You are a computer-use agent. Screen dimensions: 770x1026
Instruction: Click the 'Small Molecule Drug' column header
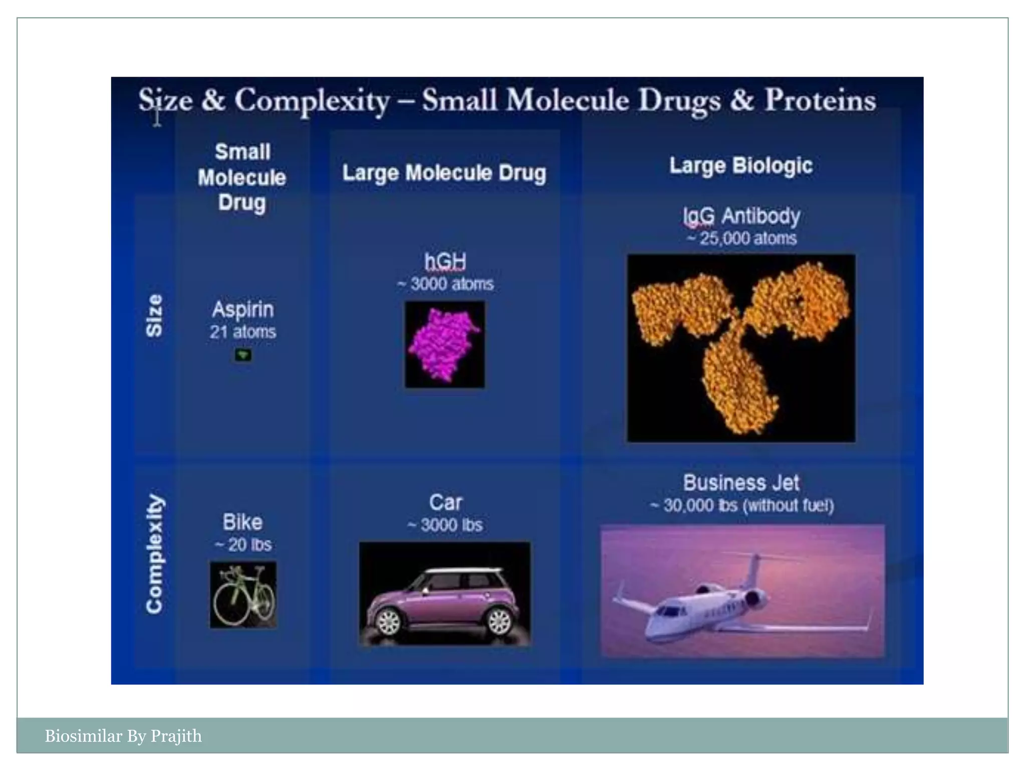(242, 177)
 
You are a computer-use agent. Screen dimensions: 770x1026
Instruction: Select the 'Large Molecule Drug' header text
(444, 173)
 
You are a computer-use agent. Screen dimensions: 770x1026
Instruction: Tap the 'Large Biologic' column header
(741, 165)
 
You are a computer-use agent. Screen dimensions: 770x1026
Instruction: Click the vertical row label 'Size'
(154, 315)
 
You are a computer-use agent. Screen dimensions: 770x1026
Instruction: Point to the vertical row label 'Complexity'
(154, 554)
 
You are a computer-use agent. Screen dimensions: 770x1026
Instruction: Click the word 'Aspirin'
(243, 309)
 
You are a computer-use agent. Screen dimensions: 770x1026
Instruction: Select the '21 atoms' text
(243, 332)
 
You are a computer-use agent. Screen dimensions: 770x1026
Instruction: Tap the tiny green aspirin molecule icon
(243, 355)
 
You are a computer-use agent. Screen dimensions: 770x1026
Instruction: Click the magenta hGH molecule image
(445, 344)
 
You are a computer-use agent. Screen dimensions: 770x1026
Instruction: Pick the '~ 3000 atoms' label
(445, 284)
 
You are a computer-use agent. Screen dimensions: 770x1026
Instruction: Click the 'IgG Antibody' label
(741, 216)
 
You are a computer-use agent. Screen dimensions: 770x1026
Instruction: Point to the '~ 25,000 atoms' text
(741, 238)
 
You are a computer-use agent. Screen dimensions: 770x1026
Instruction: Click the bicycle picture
(243, 595)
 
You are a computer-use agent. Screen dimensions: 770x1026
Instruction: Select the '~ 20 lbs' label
(243, 545)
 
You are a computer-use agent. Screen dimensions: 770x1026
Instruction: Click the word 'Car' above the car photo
(445, 502)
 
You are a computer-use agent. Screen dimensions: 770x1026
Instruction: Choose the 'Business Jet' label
(741, 483)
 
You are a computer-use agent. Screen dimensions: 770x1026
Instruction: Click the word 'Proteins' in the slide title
(820, 100)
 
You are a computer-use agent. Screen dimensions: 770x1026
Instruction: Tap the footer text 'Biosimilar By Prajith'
(123, 736)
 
